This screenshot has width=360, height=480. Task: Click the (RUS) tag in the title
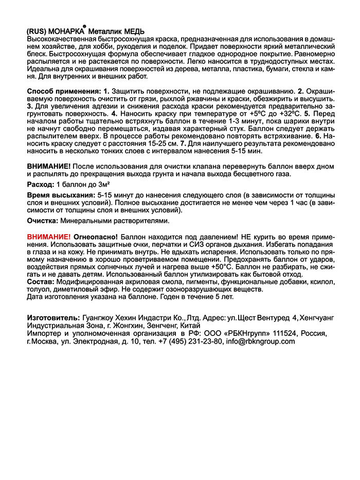37,30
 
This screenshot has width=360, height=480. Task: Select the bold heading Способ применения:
64,91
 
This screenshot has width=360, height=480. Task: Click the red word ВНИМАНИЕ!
48,237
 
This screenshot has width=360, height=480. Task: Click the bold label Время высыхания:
60,196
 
